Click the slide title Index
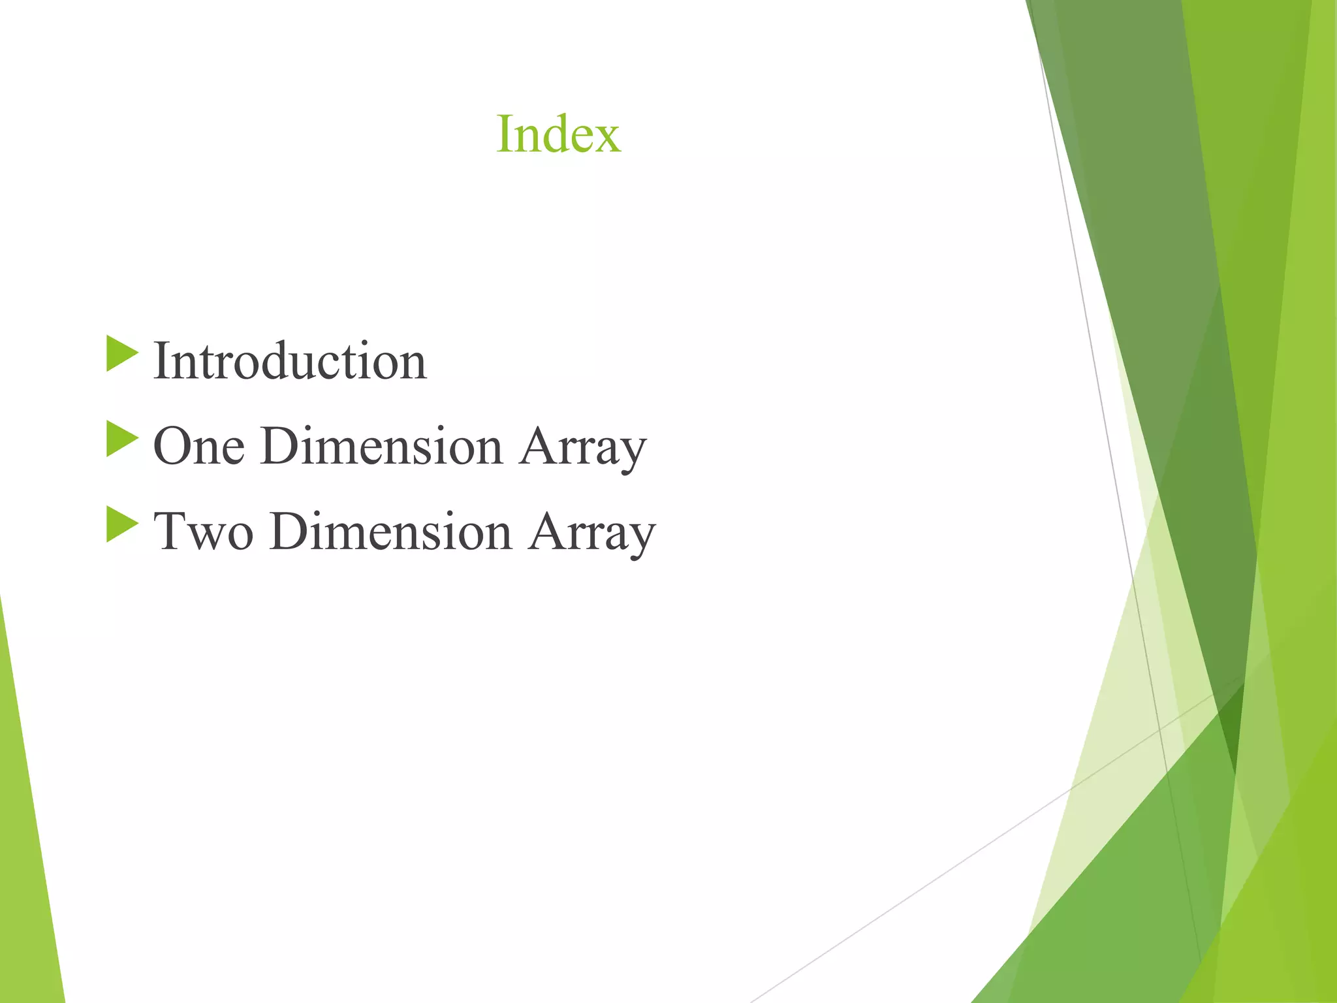pyautogui.click(x=558, y=134)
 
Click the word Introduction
pyautogui.click(x=290, y=360)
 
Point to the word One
pyautogui.click(x=199, y=447)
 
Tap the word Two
pyautogui.click(x=203, y=532)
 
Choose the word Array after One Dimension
pyautogui.click(x=582, y=448)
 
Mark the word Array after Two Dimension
pyautogui.click(x=591, y=533)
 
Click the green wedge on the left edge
pyautogui.click(x=26, y=849)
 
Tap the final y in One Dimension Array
pyautogui.click(x=631, y=454)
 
